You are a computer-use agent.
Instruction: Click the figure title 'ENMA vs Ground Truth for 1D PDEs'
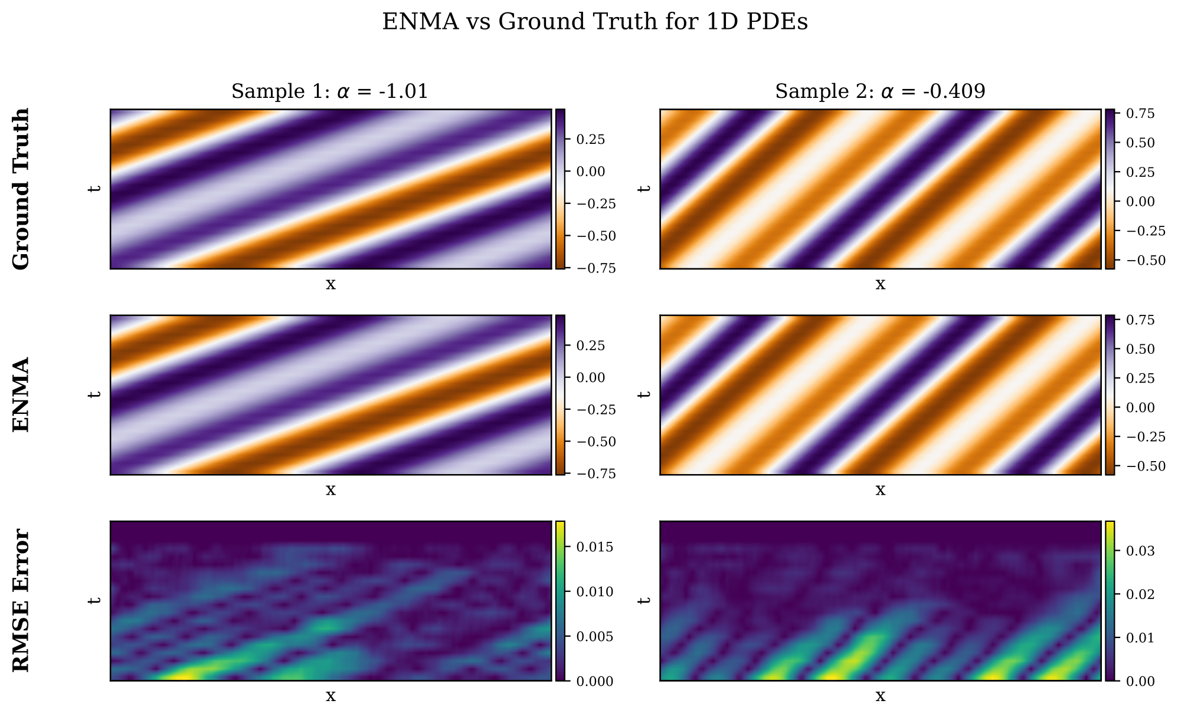pos(595,22)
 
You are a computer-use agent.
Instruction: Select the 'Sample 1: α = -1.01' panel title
pos(329,92)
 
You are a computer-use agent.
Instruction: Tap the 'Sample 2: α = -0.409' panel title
pos(880,92)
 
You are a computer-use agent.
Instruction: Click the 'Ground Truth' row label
pos(21,189)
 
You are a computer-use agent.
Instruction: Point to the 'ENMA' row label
pos(21,394)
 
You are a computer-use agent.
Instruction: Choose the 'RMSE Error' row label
pos(21,600)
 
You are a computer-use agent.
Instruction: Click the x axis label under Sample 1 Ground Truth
pos(331,284)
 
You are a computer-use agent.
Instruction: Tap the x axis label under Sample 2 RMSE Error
pos(880,696)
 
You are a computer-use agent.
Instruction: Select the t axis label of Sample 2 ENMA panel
pos(645,394)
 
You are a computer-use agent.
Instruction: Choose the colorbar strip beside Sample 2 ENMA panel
pos(1110,394)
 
